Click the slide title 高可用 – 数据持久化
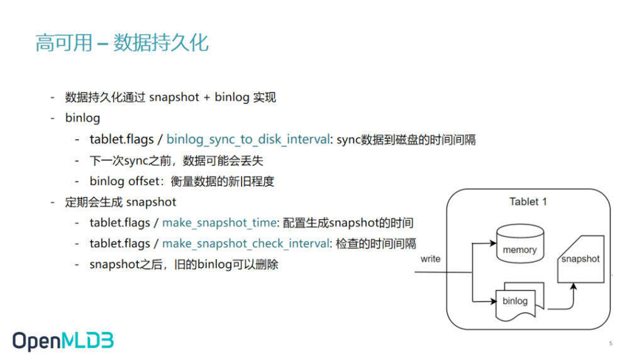pos(122,43)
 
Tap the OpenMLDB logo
pos(63,341)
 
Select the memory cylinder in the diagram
pos(520,244)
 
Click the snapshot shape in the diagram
pos(580,259)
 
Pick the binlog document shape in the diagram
pos(519,301)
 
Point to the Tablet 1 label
pos(528,202)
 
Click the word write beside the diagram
pos(430,259)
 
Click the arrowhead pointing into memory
pos(493,243)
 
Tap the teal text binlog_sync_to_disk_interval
pos(248,139)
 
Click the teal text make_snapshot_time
pos(219,223)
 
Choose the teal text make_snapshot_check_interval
pos(246,244)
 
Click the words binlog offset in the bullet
pos(124,181)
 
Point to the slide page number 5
pos(611,343)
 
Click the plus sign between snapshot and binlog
pos(206,98)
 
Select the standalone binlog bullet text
pos(82,118)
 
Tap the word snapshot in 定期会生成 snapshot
pos(151,202)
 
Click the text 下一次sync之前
pos(130,160)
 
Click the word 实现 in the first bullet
pos(265,98)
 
